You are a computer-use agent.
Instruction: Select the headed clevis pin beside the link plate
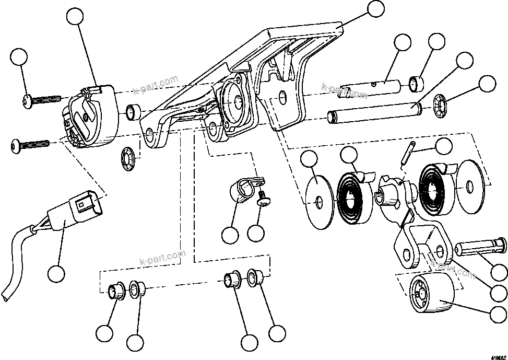point(479,249)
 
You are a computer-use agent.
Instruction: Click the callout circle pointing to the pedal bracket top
point(375,9)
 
